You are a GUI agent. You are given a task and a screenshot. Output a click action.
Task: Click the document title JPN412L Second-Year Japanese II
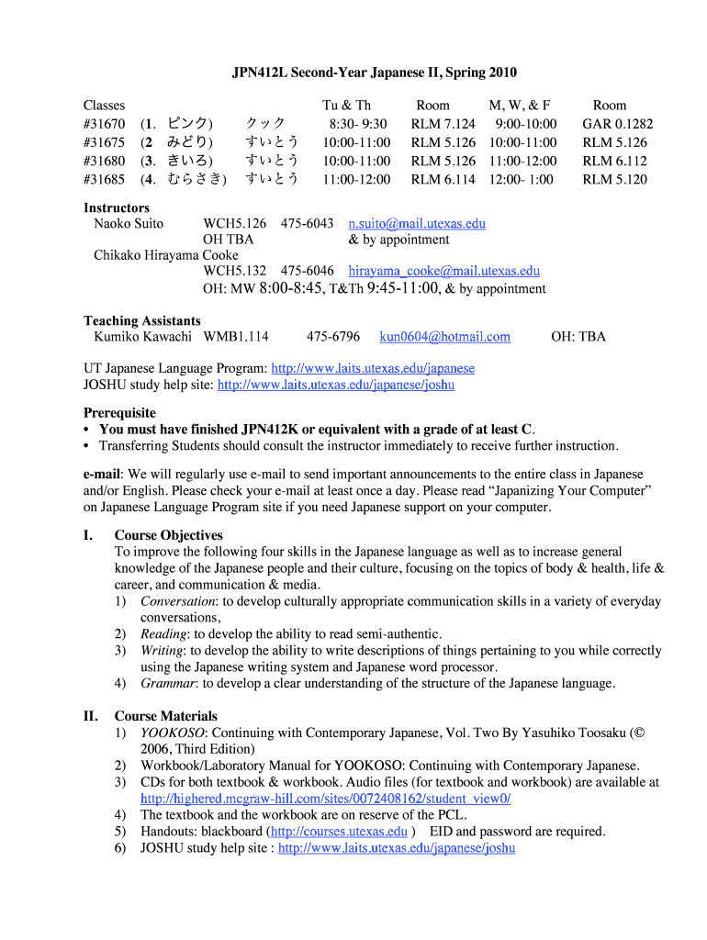(x=366, y=73)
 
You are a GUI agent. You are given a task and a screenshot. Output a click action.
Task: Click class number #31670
(x=105, y=124)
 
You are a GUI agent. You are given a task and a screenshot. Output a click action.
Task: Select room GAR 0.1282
(x=617, y=124)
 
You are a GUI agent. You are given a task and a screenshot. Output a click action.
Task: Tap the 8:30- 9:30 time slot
(x=357, y=124)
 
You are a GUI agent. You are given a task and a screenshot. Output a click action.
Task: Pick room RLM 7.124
(x=443, y=124)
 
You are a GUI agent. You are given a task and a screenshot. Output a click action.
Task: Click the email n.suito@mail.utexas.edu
(x=417, y=223)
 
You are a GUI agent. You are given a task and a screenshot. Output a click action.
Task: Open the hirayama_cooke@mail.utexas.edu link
(x=443, y=271)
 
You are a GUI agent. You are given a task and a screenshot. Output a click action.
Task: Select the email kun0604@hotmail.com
(x=444, y=337)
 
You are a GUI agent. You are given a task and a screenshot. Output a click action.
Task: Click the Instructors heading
(x=117, y=208)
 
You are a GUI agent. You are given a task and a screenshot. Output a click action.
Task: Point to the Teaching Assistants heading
(x=142, y=321)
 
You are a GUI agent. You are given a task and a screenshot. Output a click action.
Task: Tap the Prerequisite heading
(x=120, y=413)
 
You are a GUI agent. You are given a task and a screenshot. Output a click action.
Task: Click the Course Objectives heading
(x=169, y=535)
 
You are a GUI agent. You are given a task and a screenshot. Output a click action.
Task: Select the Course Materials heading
(x=166, y=716)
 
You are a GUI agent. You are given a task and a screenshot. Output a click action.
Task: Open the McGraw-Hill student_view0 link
(x=325, y=799)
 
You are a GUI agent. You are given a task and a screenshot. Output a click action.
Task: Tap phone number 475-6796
(x=333, y=337)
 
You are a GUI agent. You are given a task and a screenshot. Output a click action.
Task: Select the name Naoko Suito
(x=129, y=223)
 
